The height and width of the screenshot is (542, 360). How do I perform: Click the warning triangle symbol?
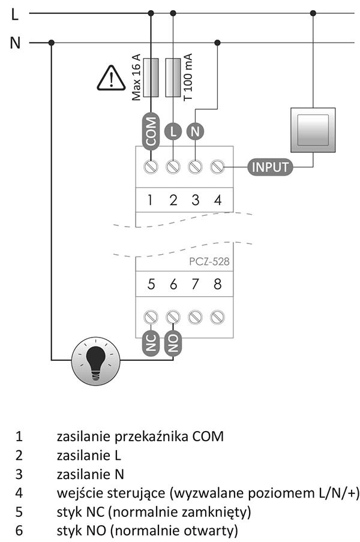click(x=111, y=77)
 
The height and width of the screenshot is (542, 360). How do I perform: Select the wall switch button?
click(x=313, y=130)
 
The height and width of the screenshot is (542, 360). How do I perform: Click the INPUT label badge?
click(x=270, y=167)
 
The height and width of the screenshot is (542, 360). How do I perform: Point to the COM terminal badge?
click(x=151, y=131)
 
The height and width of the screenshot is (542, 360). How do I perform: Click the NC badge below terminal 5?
click(x=151, y=343)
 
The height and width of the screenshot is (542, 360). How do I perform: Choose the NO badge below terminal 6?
click(x=173, y=343)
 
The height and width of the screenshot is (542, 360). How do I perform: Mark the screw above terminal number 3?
click(x=195, y=166)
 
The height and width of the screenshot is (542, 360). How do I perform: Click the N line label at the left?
click(x=15, y=43)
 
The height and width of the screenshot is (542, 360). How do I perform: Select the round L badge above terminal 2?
click(x=173, y=131)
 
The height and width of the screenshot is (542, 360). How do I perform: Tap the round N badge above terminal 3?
click(x=195, y=131)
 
